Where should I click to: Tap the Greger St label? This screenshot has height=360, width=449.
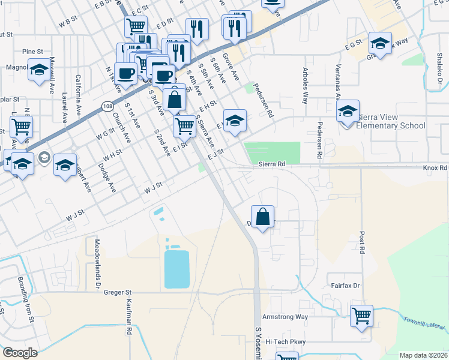tap(117, 292)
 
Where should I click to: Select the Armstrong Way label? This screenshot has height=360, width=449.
tap(285, 316)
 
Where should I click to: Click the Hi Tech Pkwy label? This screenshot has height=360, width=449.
tap(286, 341)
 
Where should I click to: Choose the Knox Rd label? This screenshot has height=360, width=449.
tap(435, 169)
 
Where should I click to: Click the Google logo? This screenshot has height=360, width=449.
tap(20, 353)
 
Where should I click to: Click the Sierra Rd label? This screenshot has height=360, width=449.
tap(271, 163)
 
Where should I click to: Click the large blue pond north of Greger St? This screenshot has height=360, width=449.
tap(176, 269)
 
